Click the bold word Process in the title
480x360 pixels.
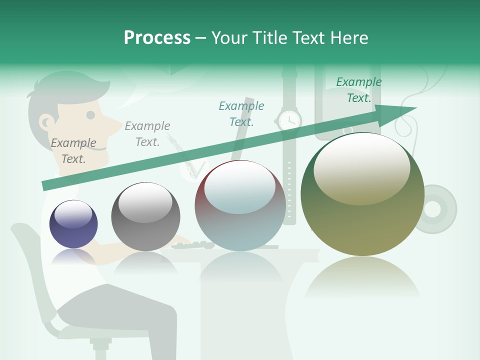click(x=157, y=38)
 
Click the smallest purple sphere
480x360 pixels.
click(x=73, y=224)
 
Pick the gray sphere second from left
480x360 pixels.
click(x=145, y=216)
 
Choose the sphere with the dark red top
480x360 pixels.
click(x=240, y=205)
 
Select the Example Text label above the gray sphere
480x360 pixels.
click(x=147, y=134)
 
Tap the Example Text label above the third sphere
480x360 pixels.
click(x=241, y=113)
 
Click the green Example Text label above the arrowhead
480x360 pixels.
click(x=359, y=90)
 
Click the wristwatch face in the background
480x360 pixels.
click(x=288, y=120)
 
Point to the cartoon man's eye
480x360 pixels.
click(x=90, y=115)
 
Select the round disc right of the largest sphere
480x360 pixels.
click(x=436, y=209)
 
